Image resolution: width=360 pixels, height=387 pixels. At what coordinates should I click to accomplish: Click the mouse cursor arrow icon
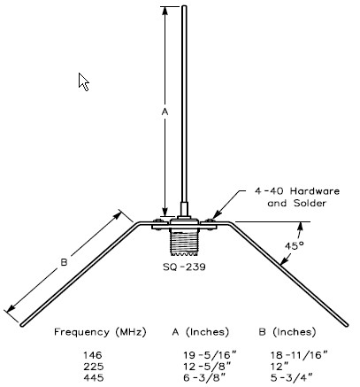[x=84, y=81]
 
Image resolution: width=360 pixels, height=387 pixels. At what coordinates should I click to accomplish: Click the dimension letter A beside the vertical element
[x=163, y=112]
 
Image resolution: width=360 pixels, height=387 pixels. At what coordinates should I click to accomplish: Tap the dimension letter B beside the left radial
[x=64, y=261]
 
